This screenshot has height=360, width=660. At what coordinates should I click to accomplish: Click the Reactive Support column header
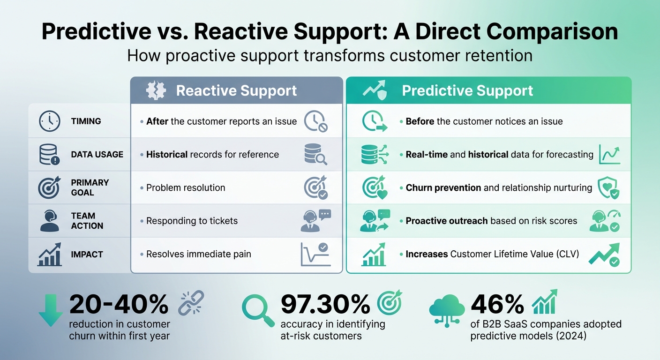click(236, 90)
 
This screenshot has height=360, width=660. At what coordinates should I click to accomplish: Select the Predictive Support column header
click(467, 90)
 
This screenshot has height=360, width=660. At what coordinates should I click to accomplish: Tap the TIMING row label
click(86, 121)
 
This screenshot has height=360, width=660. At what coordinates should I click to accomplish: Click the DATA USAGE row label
click(97, 154)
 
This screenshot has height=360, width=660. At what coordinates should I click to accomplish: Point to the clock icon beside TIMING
click(49, 121)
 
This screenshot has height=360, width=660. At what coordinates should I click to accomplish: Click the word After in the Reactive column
click(157, 121)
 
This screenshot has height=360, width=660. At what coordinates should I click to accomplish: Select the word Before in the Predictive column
click(420, 121)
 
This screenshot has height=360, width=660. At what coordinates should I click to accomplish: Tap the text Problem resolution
click(186, 187)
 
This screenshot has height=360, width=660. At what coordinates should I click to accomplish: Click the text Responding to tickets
click(192, 221)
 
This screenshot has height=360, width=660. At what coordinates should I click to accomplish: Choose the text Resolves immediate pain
click(199, 254)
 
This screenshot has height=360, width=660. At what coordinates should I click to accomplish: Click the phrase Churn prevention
click(443, 187)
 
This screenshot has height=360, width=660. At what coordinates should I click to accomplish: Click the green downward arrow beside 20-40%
click(50, 310)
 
